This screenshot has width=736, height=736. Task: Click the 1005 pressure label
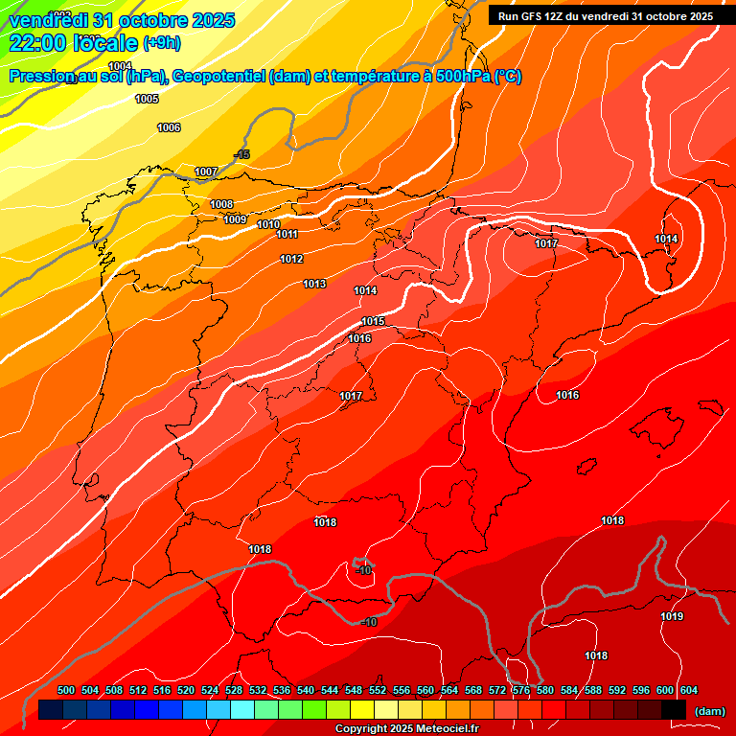tap(147, 99)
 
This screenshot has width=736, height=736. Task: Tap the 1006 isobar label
tap(169, 127)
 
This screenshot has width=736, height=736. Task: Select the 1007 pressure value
tap(206, 172)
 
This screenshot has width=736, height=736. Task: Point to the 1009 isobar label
tap(236, 219)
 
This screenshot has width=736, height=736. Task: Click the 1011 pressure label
tap(287, 235)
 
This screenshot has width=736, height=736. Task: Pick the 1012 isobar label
tap(291, 260)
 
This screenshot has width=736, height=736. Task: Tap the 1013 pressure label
tap(314, 284)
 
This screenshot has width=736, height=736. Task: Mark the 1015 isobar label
tap(373, 321)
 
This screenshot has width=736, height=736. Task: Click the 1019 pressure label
tap(672, 616)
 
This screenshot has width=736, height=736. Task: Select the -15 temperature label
tap(242, 154)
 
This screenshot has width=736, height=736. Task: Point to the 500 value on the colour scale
tap(66, 690)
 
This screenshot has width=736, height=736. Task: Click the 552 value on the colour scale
tap(378, 690)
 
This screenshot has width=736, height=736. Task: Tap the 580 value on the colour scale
tap(545, 690)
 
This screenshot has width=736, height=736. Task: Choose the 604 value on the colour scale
tap(689, 690)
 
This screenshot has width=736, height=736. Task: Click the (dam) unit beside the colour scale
tap(709, 710)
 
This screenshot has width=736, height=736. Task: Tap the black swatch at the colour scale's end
tap(674, 709)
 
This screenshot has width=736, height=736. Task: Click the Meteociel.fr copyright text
tap(407, 728)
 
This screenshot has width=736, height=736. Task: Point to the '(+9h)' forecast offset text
tap(168, 42)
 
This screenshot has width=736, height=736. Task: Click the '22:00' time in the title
tap(37, 43)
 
